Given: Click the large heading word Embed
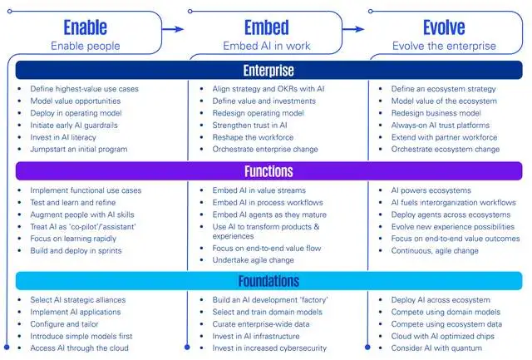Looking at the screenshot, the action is coord(265,27).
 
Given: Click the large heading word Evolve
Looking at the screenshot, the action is coord(444,27).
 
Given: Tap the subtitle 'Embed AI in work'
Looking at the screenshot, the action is coord(266,47).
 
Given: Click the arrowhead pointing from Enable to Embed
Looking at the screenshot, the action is coord(177,29).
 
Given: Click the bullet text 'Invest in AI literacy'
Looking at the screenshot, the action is coord(63,137).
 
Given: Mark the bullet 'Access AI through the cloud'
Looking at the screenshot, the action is coord(79,348).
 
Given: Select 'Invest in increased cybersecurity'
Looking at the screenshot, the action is coord(269,348).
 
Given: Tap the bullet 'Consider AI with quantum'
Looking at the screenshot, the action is coord(437,348).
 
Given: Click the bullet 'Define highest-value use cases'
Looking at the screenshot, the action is coord(84,89).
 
